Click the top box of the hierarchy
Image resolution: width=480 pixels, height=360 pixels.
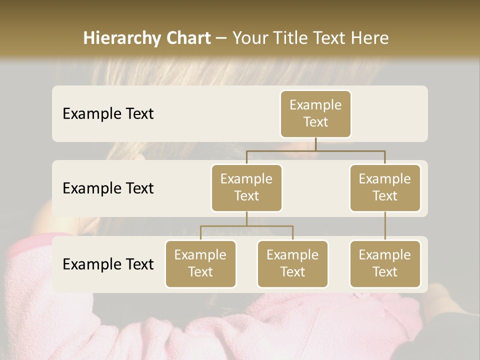315,113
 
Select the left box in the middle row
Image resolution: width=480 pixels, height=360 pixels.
246,187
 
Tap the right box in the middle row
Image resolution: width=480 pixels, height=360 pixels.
385,187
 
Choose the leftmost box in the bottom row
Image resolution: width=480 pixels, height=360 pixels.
200,263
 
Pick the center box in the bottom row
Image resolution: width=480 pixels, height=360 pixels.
292,263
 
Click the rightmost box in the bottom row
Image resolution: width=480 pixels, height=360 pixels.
385,263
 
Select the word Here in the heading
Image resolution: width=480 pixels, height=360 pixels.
369,38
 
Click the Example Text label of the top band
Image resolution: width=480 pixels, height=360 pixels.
108,113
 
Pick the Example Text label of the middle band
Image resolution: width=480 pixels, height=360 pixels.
108,188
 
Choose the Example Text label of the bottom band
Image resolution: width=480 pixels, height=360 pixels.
108,264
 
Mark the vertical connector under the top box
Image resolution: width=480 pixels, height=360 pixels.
315,144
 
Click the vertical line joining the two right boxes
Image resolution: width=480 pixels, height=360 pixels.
385,226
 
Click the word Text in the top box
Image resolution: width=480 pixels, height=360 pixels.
315,122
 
